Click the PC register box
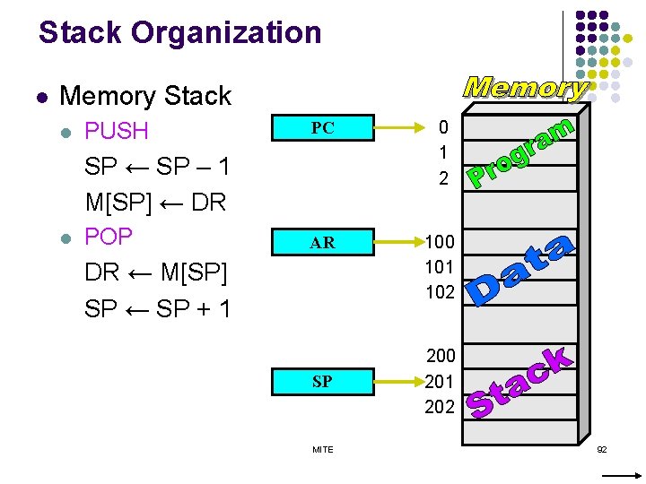pos(322,128)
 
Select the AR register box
pos(322,243)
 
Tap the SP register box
pos(322,382)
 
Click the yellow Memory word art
pos(526,87)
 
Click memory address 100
pos(440,242)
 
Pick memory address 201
pos(440,382)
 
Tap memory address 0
pos(442,129)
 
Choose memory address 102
pos(440,292)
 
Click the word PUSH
pos(116,131)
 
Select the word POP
pos(108,237)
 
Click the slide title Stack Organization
pos(179,33)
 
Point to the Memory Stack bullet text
pos(144,95)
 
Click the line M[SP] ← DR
pos(155,202)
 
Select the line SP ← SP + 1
pos(157,308)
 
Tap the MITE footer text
pos(322,449)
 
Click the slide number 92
pos(601,448)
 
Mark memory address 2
pos(442,179)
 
